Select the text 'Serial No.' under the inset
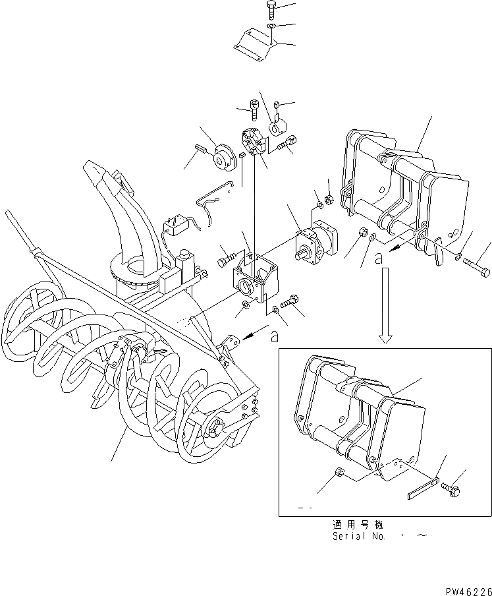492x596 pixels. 360,536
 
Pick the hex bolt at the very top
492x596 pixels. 273,10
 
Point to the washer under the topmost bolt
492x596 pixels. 271,27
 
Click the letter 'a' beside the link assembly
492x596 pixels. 378,259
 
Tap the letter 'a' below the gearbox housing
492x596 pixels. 275,336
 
